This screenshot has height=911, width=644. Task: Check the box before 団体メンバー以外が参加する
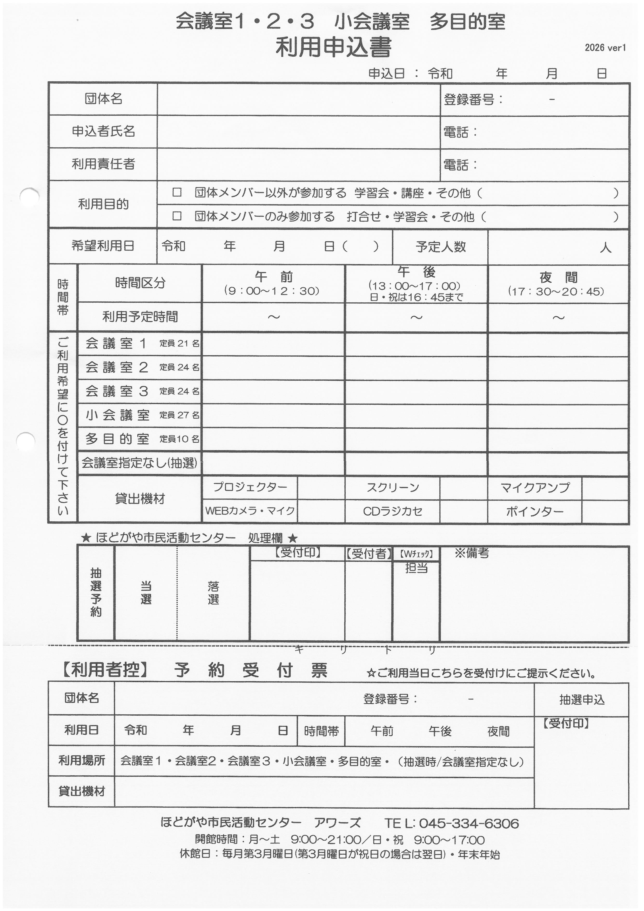click(177, 193)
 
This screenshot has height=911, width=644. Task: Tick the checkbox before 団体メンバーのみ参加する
click(177, 216)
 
